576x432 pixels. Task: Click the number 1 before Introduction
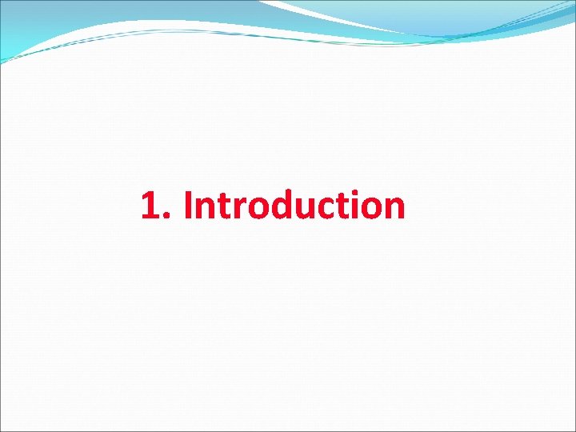point(150,206)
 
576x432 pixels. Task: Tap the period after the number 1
point(167,217)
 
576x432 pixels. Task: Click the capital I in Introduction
point(188,206)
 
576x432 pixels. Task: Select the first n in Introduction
point(205,210)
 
